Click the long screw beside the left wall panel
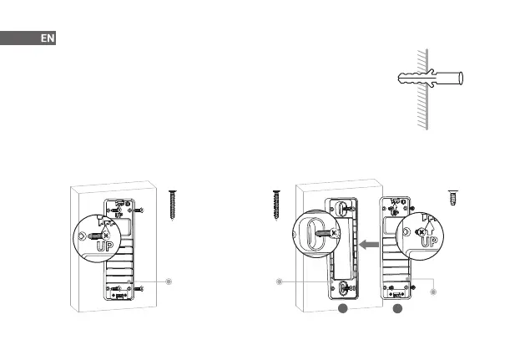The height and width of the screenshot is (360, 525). point(174,205)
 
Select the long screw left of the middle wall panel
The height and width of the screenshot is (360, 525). point(276,205)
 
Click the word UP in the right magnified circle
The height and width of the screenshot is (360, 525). point(429,241)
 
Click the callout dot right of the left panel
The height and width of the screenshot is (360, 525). point(169,281)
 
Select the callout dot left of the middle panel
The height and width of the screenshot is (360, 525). point(279,281)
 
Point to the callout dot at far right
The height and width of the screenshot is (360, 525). point(433,292)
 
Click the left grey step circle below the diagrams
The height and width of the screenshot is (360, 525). point(342,310)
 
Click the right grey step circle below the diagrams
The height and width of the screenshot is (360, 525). point(398,310)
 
